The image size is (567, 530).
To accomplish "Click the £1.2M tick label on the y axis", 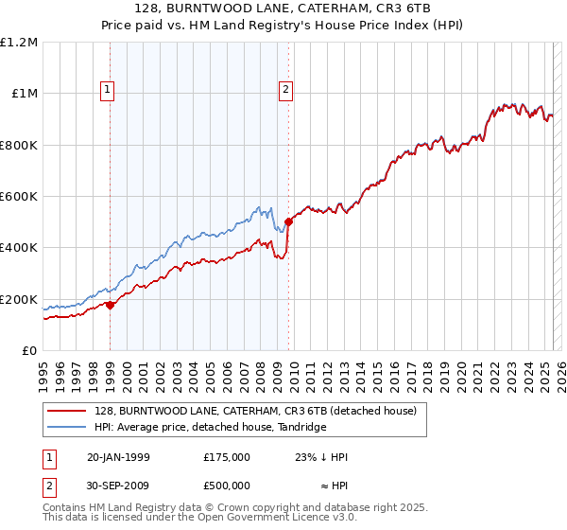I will click(x=19, y=43).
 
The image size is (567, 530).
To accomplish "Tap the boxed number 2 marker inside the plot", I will click(x=285, y=90).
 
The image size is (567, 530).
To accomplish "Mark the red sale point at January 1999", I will click(x=111, y=305).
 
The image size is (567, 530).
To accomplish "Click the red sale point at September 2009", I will click(x=288, y=221).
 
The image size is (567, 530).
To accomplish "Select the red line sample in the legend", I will click(x=67, y=411).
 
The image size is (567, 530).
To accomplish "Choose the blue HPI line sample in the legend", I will click(x=67, y=427).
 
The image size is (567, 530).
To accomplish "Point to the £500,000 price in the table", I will click(x=228, y=485).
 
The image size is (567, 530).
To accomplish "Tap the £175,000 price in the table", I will click(x=228, y=457).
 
